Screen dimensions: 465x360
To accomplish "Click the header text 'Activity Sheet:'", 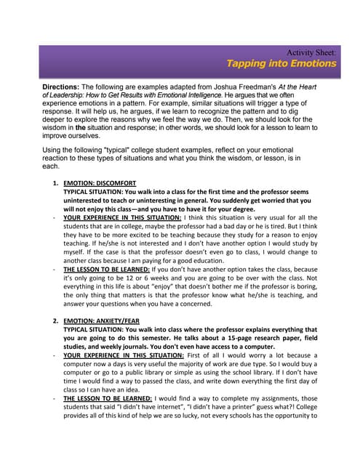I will pos(311,52).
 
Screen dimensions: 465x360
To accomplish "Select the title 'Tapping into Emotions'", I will pos(281,63).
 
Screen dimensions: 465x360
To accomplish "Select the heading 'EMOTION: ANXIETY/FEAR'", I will pos(103,320).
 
